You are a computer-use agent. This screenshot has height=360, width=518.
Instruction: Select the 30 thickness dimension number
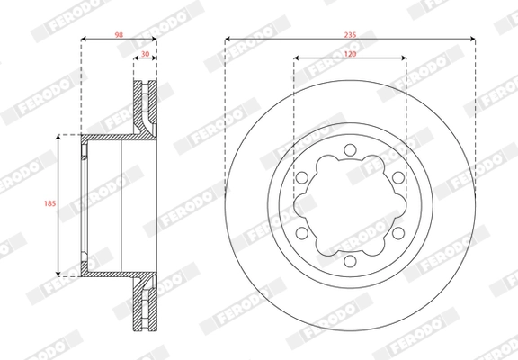(147, 54)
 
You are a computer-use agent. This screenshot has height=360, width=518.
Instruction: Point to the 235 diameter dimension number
(351, 33)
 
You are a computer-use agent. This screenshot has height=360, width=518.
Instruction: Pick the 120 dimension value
(351, 55)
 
